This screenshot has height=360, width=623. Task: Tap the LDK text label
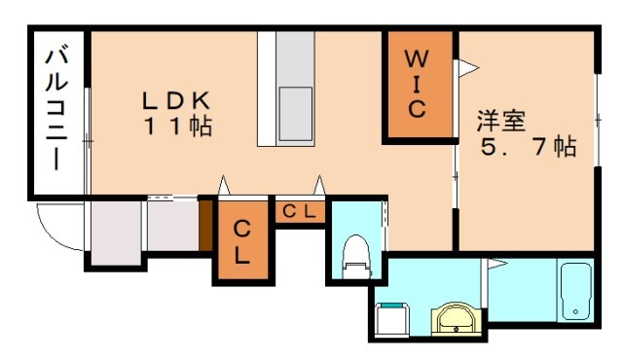[177, 99]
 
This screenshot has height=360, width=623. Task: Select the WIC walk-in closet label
[416, 82]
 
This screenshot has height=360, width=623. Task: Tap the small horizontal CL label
[298, 211]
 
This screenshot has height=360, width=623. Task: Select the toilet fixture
[355, 256]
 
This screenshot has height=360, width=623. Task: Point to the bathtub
[576, 291]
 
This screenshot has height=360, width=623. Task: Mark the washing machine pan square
[393, 317]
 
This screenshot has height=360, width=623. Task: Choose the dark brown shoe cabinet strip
[205, 224]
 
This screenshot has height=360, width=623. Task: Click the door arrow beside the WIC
[466, 67]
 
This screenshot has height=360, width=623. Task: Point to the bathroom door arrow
[495, 263]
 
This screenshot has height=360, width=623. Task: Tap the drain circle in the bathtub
[576, 312]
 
